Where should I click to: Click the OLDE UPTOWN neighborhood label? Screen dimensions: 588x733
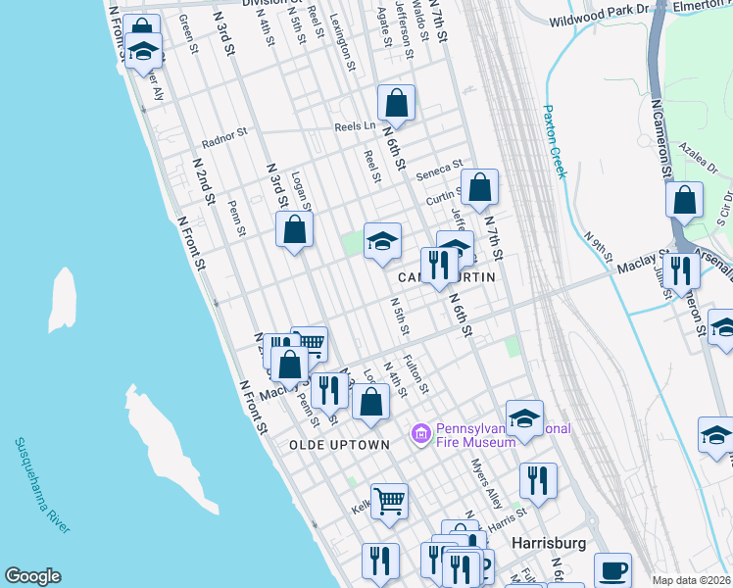click(x=339, y=445)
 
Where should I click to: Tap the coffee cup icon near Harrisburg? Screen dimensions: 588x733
click(x=614, y=567)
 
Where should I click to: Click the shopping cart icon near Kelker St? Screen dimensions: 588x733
click(x=389, y=501)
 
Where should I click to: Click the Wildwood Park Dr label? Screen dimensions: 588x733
click(x=599, y=19)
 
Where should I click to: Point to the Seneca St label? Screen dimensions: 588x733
click(x=438, y=169)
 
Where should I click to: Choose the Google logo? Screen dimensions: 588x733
click(x=32, y=576)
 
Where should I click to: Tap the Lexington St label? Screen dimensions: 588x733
click(x=342, y=41)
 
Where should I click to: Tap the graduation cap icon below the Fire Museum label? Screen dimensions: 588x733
click(x=524, y=417)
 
